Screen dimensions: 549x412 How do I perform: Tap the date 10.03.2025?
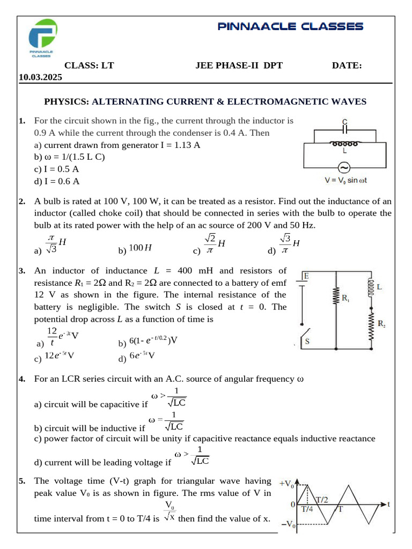[x=40, y=77]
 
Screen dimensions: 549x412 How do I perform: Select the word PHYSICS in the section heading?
[x=66, y=101]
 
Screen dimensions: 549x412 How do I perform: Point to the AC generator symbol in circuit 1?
[x=344, y=167]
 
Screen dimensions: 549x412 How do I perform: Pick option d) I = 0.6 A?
[x=57, y=181]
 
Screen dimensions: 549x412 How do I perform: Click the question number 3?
[x=21, y=271]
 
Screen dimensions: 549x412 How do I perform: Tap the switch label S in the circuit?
[x=308, y=341]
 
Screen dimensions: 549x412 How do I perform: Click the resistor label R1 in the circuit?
[x=346, y=300]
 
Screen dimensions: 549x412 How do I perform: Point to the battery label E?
[x=306, y=276]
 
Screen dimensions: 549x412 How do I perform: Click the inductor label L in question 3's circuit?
[x=379, y=287]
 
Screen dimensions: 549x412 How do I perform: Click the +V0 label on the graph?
[x=286, y=485]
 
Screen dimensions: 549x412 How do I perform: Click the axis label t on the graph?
[x=388, y=505]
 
